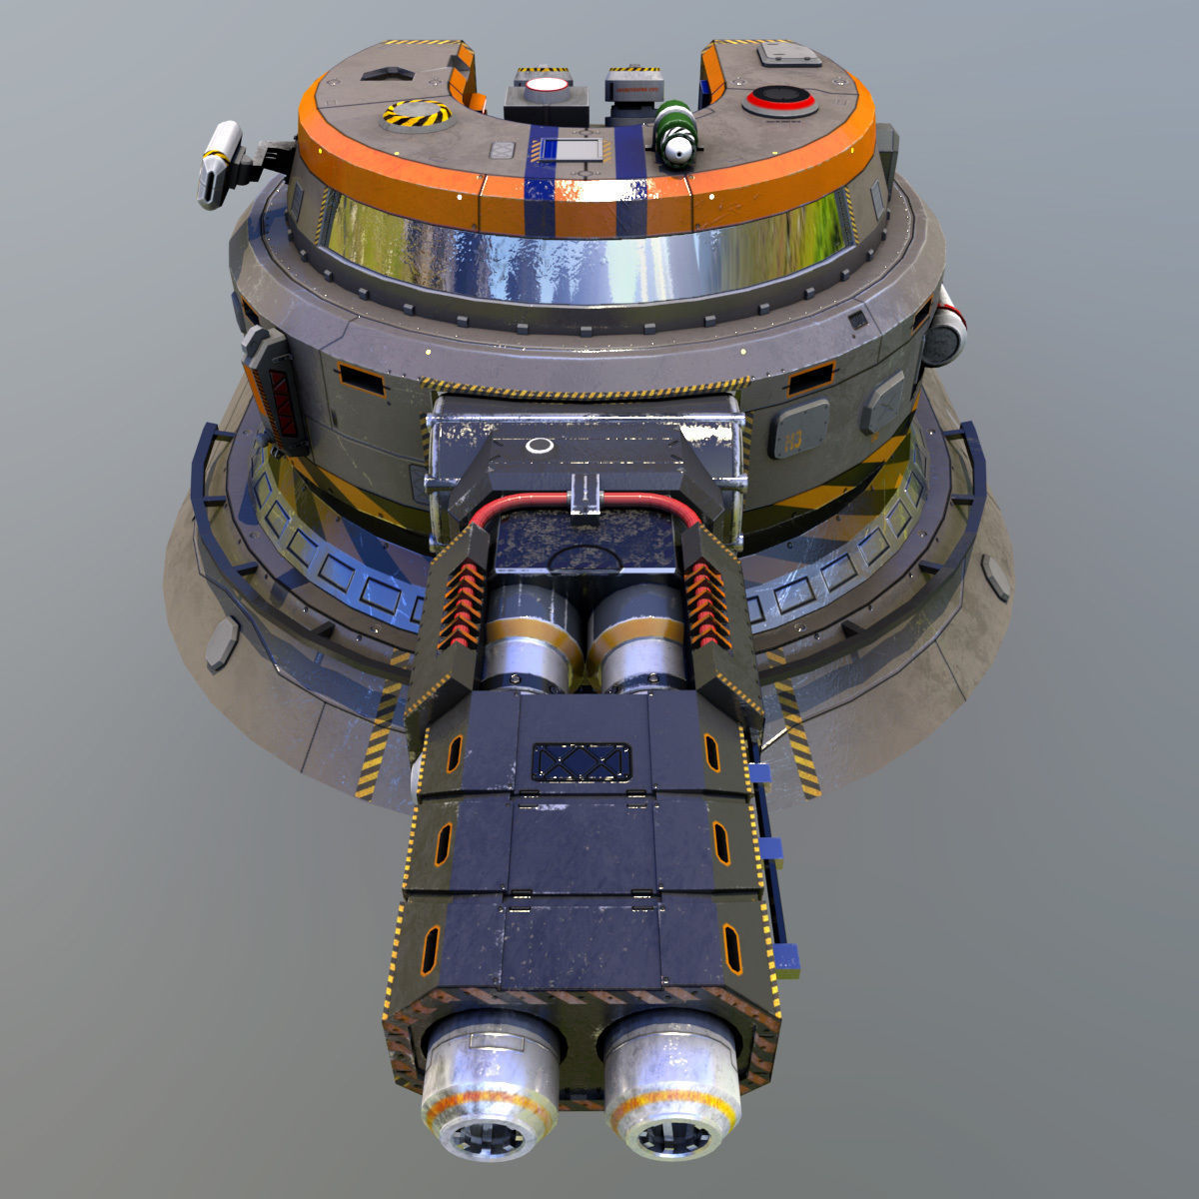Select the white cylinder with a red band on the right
coord(946,327)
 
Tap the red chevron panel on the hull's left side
coord(282,396)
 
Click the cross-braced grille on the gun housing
coord(581,761)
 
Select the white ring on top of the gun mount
coord(539,446)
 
